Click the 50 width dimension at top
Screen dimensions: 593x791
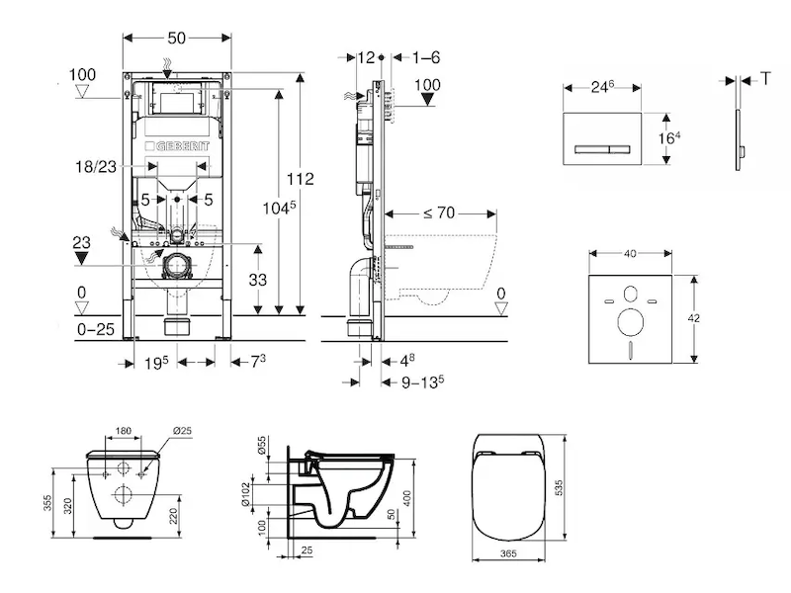point(177,37)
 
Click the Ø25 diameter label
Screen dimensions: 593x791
point(182,430)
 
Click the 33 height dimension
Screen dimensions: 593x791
point(258,280)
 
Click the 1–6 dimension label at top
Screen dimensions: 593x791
point(426,57)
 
